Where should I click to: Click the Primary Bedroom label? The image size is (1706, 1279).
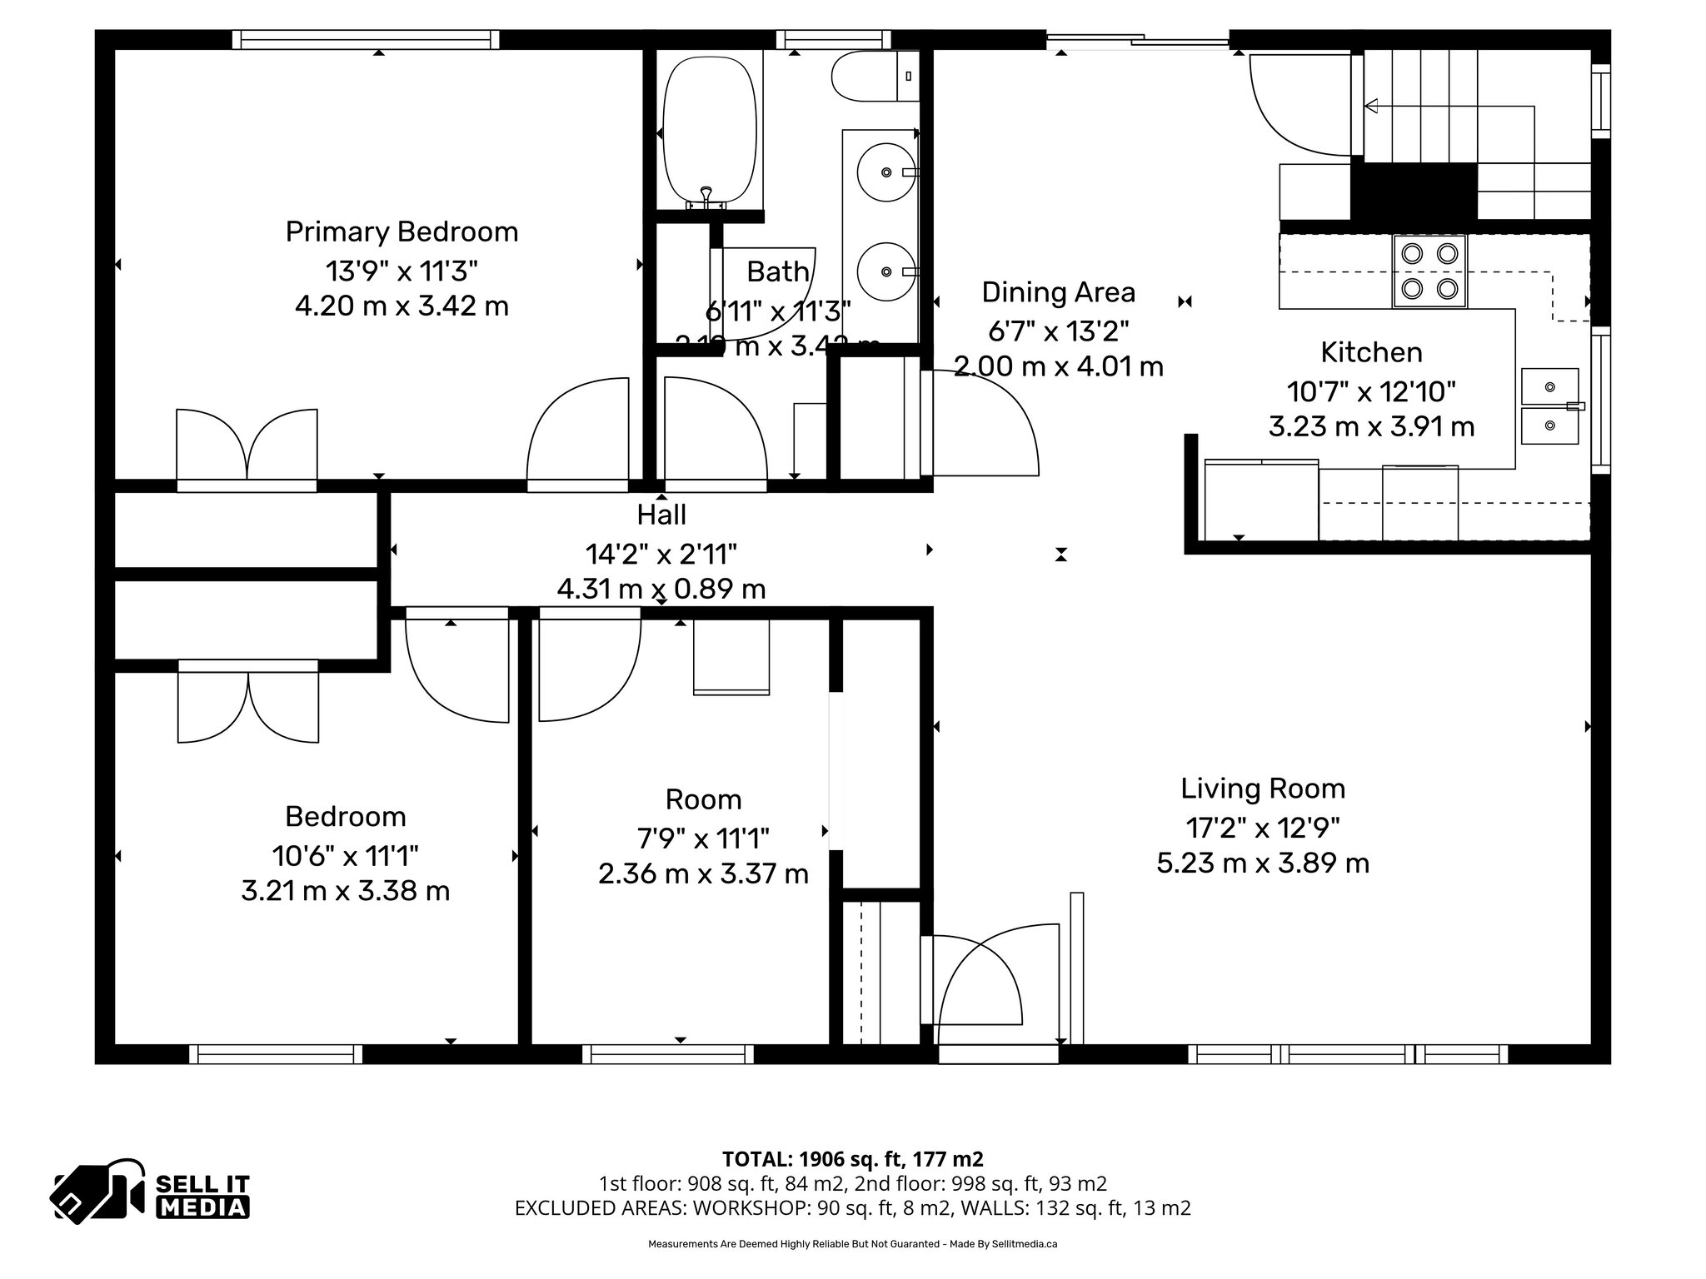[402, 231]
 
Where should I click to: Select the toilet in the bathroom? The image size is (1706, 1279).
[870, 76]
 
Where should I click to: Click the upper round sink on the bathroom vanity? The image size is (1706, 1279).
[885, 172]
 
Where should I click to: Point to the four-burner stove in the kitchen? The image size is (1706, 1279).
[1429, 271]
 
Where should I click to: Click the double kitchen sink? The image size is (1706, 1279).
[1549, 406]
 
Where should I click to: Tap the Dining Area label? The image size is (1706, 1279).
[1058, 292]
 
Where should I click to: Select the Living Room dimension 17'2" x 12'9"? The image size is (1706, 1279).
[1262, 827]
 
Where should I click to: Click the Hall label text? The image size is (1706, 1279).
[661, 515]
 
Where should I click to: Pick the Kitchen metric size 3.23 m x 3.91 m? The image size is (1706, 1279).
[1371, 427]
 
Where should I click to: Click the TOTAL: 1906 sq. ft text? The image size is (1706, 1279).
[852, 1158]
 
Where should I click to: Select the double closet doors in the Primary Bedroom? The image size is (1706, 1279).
[247, 445]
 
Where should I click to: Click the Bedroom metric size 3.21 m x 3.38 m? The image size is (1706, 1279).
[345, 891]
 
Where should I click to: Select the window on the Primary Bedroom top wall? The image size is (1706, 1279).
[366, 39]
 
